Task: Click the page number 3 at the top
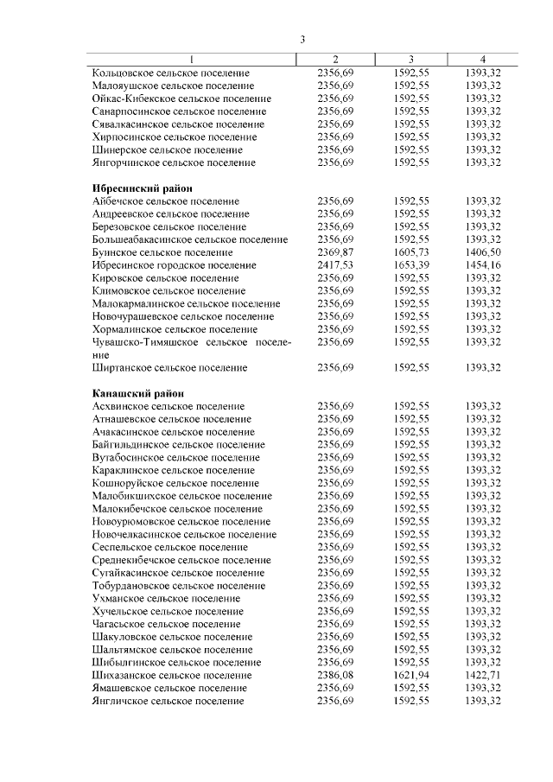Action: pyautogui.click(x=303, y=39)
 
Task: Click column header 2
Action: pyautogui.click(x=335, y=59)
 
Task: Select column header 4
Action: pyautogui.click(x=483, y=59)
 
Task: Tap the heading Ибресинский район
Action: pyautogui.click(x=142, y=188)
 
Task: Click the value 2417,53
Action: pyautogui.click(x=335, y=264)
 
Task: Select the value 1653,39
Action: pyautogui.click(x=410, y=264)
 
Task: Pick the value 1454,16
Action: pyautogui.click(x=483, y=264)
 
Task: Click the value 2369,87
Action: pyautogui.click(x=335, y=251)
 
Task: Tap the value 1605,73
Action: pyautogui.click(x=410, y=251)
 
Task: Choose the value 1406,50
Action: pyautogui.click(x=483, y=251)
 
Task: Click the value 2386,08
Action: pyautogui.click(x=335, y=675)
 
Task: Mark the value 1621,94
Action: pyautogui.click(x=410, y=675)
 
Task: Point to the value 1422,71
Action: pyautogui.click(x=483, y=675)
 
